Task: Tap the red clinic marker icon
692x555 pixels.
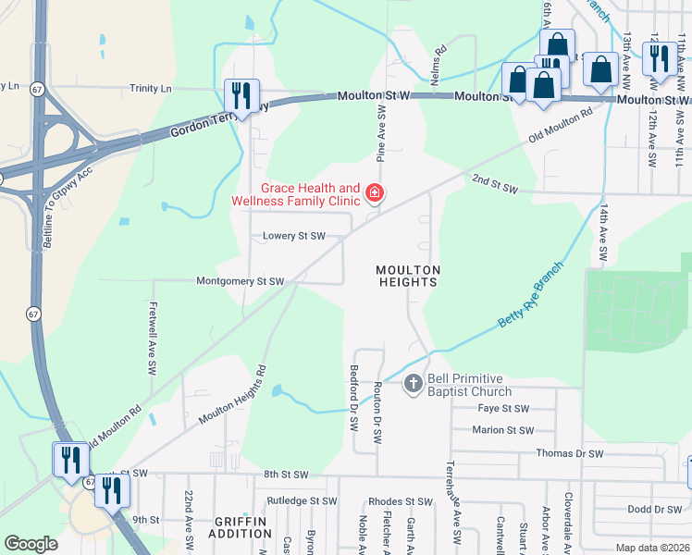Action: tap(375, 193)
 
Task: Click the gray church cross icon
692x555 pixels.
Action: tap(413, 381)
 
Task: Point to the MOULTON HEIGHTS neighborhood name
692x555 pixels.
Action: tap(407, 276)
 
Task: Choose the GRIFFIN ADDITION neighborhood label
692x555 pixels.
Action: tap(240, 527)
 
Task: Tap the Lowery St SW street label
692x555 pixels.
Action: tap(292, 236)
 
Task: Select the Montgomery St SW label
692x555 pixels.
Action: tap(239, 281)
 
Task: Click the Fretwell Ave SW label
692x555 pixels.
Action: tap(152, 337)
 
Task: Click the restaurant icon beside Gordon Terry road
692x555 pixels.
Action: tap(241, 97)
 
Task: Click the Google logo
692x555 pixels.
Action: tap(31, 543)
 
